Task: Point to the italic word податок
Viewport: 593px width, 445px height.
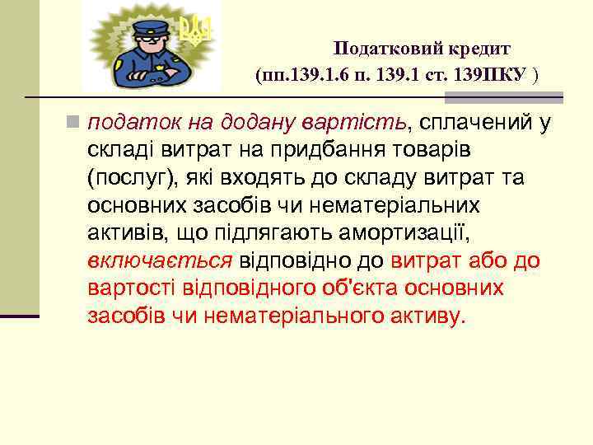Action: pyautogui.click(x=126, y=124)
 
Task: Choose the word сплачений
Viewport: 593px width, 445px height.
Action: pyautogui.click(x=473, y=124)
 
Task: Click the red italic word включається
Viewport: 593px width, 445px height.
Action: pyautogui.click(x=160, y=261)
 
